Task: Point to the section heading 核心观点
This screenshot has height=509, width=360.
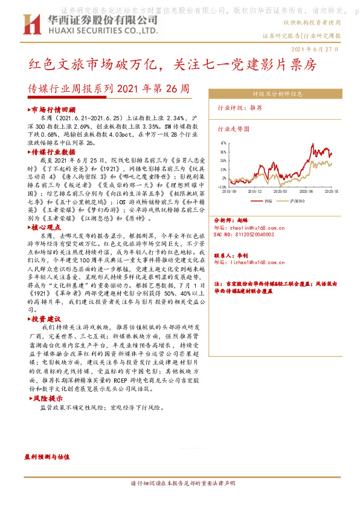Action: pyautogui.click(x=48, y=227)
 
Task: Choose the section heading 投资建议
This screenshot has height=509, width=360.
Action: pyautogui.click(x=48, y=318)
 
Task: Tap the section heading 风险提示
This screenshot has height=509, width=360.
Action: pyautogui.click(x=48, y=400)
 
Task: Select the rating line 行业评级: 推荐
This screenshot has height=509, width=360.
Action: pyautogui.click(x=240, y=107)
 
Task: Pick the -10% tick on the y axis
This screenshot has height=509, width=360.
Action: pyautogui.click(x=222, y=187)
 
